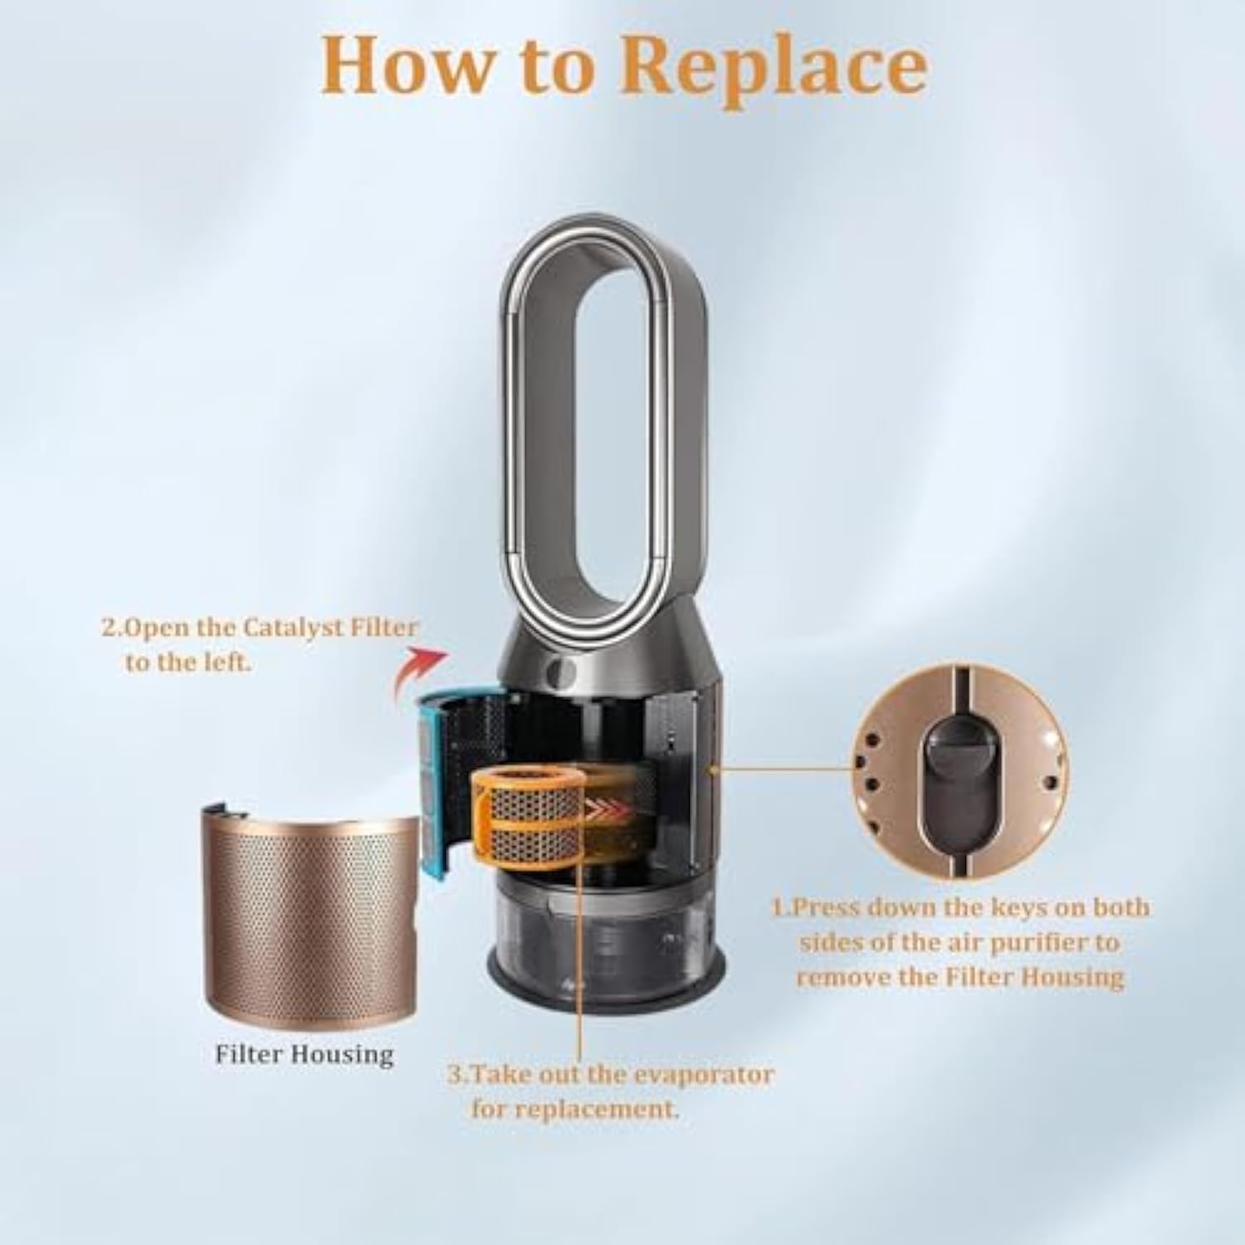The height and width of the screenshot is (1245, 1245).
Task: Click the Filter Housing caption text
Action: tap(305, 1055)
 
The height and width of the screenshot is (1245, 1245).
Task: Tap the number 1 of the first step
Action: tap(778, 907)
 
